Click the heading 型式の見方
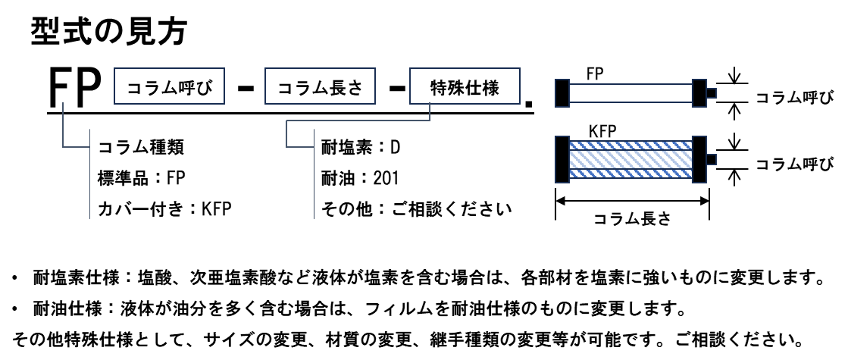point(109,31)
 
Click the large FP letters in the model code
point(76,86)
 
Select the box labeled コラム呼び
point(170,86)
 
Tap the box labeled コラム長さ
point(320,86)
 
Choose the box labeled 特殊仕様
point(465,86)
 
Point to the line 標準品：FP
point(141,178)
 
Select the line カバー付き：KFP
point(164,208)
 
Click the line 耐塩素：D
point(361,147)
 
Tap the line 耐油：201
point(359,178)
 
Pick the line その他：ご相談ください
point(415,208)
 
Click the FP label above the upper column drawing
point(594,74)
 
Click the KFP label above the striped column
point(602,130)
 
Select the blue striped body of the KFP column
point(631,159)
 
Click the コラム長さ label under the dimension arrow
point(631,219)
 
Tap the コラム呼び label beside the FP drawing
point(795,98)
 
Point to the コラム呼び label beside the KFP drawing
point(795,164)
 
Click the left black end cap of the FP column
point(562,93)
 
